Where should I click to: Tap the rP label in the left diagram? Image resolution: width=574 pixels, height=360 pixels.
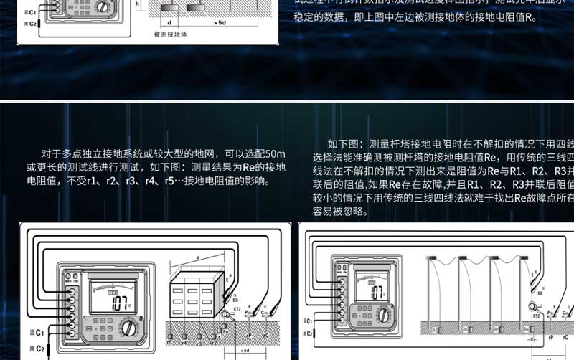pyautogui.click(x=250, y=335)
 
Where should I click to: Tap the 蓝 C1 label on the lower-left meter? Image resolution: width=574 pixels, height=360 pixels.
pyautogui.click(x=35, y=333)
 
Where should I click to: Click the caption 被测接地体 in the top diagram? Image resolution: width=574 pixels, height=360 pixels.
pyautogui.click(x=171, y=34)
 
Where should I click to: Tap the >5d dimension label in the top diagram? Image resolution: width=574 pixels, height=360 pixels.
pyautogui.click(x=220, y=23)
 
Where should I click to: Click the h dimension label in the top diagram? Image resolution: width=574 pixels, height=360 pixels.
pyautogui.click(x=137, y=4)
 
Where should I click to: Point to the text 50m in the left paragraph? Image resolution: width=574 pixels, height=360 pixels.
pyautogui.click(x=275, y=153)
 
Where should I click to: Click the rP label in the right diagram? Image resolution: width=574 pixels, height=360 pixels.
pyautogui.click(x=550, y=336)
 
